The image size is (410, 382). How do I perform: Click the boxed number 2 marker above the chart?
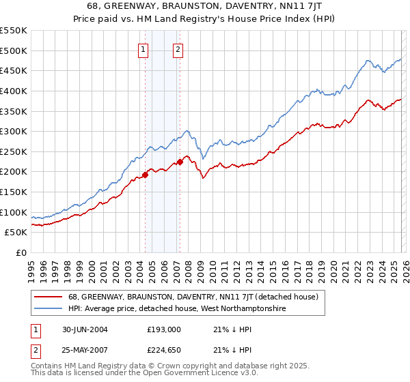[178, 49]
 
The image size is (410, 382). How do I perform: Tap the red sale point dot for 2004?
[145, 175]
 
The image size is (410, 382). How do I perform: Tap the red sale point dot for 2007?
[180, 162]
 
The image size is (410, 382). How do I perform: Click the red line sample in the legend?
[49, 297]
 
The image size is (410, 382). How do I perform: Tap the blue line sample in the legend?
[49, 309]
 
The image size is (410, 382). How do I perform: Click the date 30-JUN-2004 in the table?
[83, 329]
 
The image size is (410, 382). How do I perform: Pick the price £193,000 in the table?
[164, 329]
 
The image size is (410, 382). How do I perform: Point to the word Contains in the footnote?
[47, 366]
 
